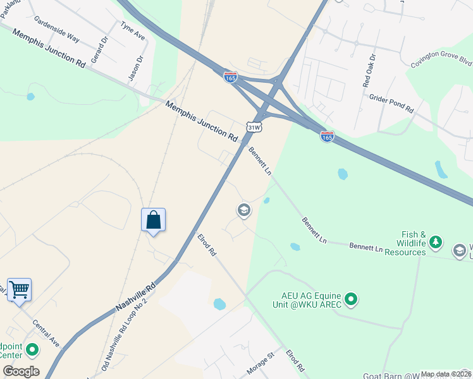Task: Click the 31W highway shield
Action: (x=254, y=128)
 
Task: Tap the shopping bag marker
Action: (x=153, y=220)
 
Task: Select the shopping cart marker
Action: (x=19, y=290)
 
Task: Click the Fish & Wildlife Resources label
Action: (x=402, y=243)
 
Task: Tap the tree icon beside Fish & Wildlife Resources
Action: (x=435, y=242)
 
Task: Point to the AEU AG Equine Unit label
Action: (x=312, y=300)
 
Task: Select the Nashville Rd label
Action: (x=135, y=298)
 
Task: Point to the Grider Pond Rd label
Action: (x=391, y=104)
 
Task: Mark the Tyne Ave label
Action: (x=133, y=30)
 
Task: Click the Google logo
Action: (x=21, y=371)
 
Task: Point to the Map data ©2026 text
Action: (x=446, y=374)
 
